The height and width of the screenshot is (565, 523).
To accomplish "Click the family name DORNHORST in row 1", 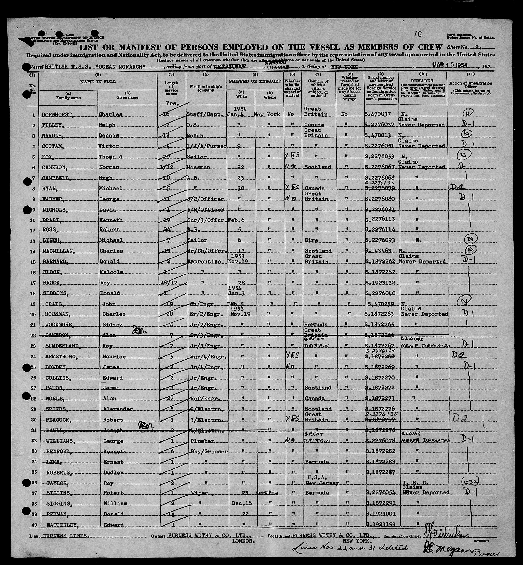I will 55,114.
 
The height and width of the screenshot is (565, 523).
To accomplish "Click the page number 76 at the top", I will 417,34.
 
